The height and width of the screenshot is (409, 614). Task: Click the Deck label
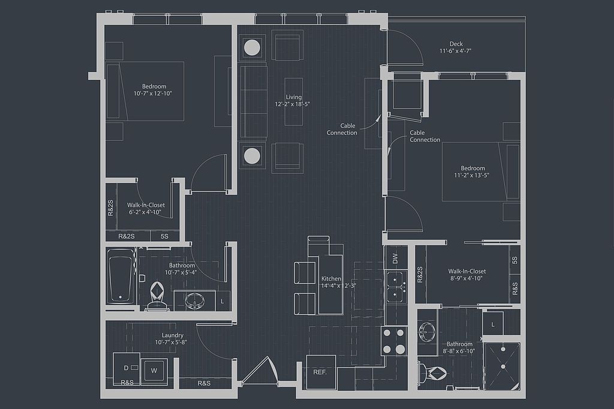[x=456, y=44]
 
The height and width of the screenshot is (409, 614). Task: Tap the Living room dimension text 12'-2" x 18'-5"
[x=293, y=104]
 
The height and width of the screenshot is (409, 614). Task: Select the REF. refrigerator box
[x=321, y=372]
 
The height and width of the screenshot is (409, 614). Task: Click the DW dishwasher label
[x=395, y=258]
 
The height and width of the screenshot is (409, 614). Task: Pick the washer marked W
[x=154, y=370]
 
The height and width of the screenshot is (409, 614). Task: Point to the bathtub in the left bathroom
[x=121, y=276]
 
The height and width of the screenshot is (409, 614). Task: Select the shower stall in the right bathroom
[x=502, y=366]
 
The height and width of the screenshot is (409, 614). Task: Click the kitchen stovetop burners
[x=394, y=341]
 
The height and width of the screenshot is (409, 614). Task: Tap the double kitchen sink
[x=396, y=286]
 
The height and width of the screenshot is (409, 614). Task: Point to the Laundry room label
[x=172, y=335]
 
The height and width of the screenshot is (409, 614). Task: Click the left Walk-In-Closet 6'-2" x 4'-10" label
[x=146, y=209]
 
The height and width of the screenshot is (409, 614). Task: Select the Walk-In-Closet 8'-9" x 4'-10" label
[x=466, y=275]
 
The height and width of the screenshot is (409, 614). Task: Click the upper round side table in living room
[x=252, y=47]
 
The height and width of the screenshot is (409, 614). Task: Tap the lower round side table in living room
[x=252, y=155]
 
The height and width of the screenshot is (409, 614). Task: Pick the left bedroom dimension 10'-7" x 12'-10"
[x=153, y=93]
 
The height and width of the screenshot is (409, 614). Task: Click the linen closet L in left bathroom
[x=222, y=301]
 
